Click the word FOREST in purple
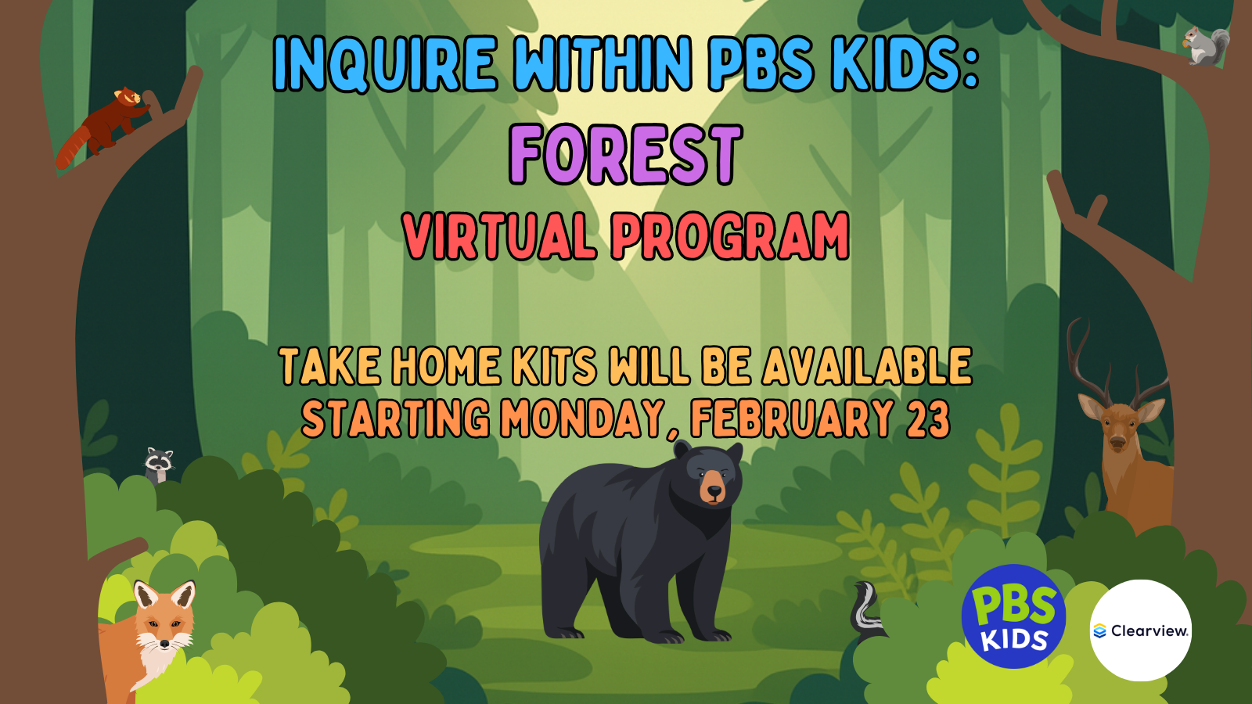(625, 154)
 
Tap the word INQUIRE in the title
(385, 63)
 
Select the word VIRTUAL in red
(500, 235)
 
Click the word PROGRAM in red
(730, 235)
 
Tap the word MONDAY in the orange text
(584, 419)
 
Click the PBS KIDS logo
(1013, 616)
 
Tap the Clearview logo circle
(1141, 630)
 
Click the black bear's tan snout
(714, 488)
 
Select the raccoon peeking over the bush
(159, 465)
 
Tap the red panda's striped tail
(73, 149)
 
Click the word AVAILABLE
(868, 366)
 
